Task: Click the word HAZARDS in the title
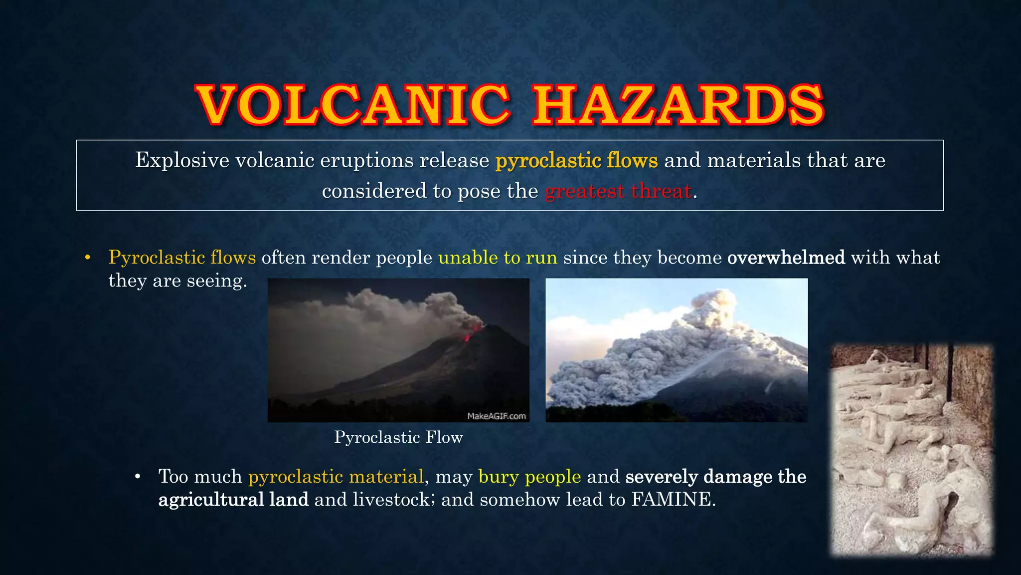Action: (x=678, y=105)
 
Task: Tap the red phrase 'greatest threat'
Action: (x=618, y=191)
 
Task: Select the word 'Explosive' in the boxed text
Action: (x=182, y=161)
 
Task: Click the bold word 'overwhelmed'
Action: (x=786, y=258)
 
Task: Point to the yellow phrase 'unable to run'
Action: (x=498, y=258)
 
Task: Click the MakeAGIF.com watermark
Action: (x=496, y=416)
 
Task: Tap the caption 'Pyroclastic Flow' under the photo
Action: (x=398, y=437)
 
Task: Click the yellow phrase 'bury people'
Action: (x=529, y=477)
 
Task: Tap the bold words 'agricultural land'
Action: (x=233, y=500)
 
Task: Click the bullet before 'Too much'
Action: (x=138, y=477)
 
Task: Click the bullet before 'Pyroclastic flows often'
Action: (x=88, y=258)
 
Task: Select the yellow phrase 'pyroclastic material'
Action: (x=336, y=477)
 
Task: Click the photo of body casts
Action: (x=911, y=449)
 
